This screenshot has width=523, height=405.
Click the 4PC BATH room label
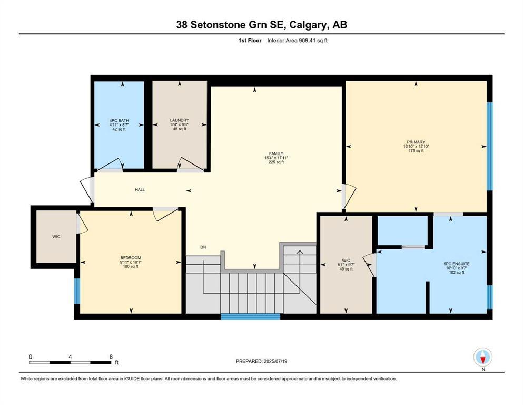click(x=119, y=120)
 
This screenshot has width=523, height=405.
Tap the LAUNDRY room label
click(x=180, y=120)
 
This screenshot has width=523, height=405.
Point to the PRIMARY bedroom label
click(x=416, y=142)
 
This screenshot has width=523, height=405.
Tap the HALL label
click(x=140, y=190)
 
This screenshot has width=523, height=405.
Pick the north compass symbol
click(x=483, y=358)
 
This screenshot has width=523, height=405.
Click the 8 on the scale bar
click(x=111, y=356)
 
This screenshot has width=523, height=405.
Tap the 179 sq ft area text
click(x=416, y=151)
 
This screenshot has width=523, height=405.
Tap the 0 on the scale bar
click(x=31, y=356)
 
